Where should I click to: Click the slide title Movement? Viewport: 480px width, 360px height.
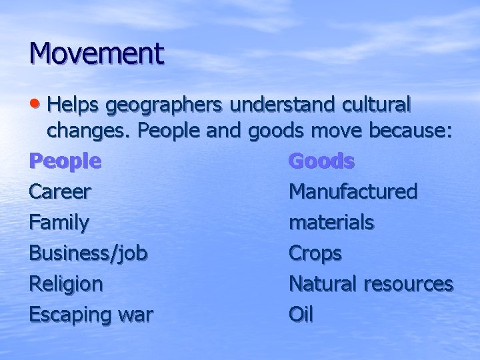tap(96, 53)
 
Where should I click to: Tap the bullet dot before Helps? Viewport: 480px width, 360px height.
tap(35, 105)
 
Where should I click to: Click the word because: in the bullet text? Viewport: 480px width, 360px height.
tap(403, 132)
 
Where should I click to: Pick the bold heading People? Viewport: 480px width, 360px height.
tap(65, 161)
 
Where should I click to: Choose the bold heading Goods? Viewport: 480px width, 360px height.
tap(321, 161)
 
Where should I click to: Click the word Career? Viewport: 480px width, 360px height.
tap(61, 192)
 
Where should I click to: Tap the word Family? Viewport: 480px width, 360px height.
tap(59, 223)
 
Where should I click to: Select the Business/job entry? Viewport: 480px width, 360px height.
tap(89, 253)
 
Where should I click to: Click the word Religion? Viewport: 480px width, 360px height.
tap(66, 284)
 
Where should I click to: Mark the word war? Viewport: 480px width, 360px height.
tap(133, 315)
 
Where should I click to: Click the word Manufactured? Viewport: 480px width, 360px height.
tap(353, 192)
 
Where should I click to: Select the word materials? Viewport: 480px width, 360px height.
tap(331, 223)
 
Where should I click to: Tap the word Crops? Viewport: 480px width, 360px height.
tap(315, 253)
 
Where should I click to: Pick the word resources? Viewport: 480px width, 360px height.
tap(409, 285)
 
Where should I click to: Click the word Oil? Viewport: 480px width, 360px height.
tap(301, 314)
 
